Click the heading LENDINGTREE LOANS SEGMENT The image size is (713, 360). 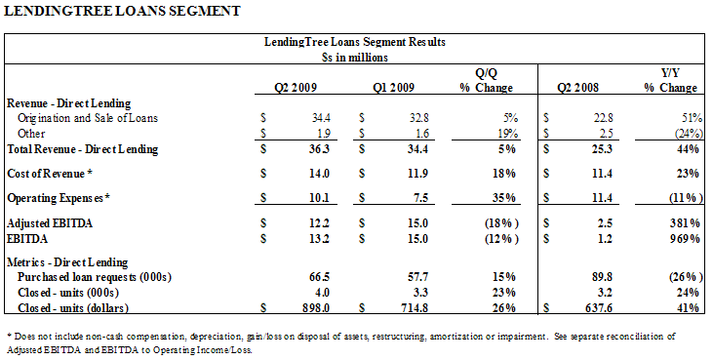pyautogui.click(x=122, y=11)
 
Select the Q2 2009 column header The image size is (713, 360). pyautogui.click(x=296, y=87)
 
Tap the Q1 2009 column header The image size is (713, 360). pyautogui.click(x=394, y=87)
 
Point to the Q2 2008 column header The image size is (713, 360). pyautogui.click(x=578, y=87)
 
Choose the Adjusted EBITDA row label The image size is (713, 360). pyautogui.click(x=50, y=223)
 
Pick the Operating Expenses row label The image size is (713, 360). pyautogui.click(x=59, y=198)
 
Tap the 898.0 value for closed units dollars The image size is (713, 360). pyautogui.click(x=316, y=307)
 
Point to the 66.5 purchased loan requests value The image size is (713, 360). pyautogui.click(x=320, y=277)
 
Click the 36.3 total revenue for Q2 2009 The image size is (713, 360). pyautogui.click(x=320, y=149)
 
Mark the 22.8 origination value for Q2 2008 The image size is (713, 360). pyautogui.click(x=602, y=118)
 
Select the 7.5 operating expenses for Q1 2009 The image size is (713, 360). pyautogui.click(x=421, y=198)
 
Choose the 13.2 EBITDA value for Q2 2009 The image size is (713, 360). pyautogui.click(x=320, y=239)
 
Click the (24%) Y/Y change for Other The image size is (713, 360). pyautogui.click(x=687, y=134)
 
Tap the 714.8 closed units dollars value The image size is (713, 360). pyautogui.click(x=414, y=307)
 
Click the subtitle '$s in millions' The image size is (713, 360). pyautogui.click(x=355, y=58)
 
